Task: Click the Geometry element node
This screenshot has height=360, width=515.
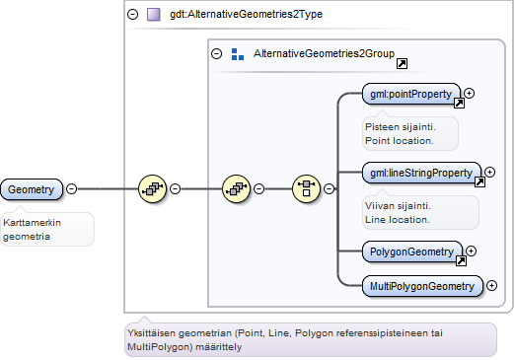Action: [x=32, y=189]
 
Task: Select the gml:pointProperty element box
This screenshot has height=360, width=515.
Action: [x=410, y=94]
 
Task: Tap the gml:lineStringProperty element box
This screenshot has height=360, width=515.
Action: [x=421, y=173]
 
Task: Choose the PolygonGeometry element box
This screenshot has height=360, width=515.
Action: [x=411, y=252]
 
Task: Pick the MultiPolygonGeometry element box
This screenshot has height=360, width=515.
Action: [x=422, y=286]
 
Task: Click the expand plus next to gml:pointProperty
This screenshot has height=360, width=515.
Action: [x=470, y=94]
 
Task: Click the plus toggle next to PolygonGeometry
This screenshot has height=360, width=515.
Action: [x=472, y=252]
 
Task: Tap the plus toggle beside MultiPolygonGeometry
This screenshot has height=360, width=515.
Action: [x=491, y=285]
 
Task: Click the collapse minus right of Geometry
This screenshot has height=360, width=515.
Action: [x=71, y=188]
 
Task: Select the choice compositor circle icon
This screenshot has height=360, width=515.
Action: [x=306, y=188]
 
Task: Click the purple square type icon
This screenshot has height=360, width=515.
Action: [x=154, y=15]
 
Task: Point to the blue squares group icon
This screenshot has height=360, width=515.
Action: [x=238, y=54]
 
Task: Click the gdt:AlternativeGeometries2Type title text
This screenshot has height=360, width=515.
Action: [x=246, y=14]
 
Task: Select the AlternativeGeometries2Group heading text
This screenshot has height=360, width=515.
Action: [x=324, y=53]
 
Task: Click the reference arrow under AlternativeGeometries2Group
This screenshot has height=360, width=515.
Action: [x=402, y=63]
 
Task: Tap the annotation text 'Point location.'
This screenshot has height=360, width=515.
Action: [x=400, y=141]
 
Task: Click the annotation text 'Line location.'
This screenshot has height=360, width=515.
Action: [x=398, y=220]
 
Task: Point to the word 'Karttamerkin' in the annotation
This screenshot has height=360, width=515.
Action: [x=32, y=223]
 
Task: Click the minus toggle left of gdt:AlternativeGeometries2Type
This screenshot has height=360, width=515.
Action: [x=132, y=14]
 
